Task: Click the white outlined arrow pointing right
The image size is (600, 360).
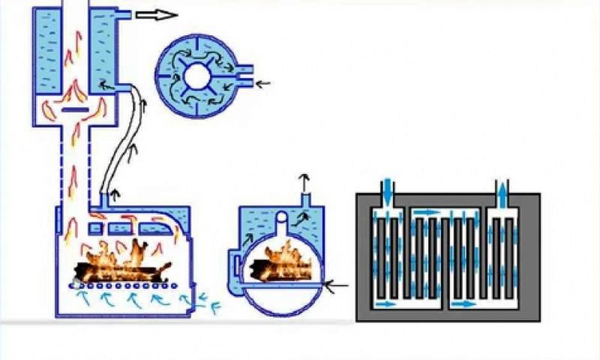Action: (156, 15)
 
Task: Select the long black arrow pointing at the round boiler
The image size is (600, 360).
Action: (339, 285)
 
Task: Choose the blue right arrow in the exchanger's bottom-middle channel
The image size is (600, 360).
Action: (463, 304)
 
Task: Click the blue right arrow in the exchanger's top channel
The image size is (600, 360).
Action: (425, 213)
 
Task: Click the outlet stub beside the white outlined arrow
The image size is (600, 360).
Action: (123, 15)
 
